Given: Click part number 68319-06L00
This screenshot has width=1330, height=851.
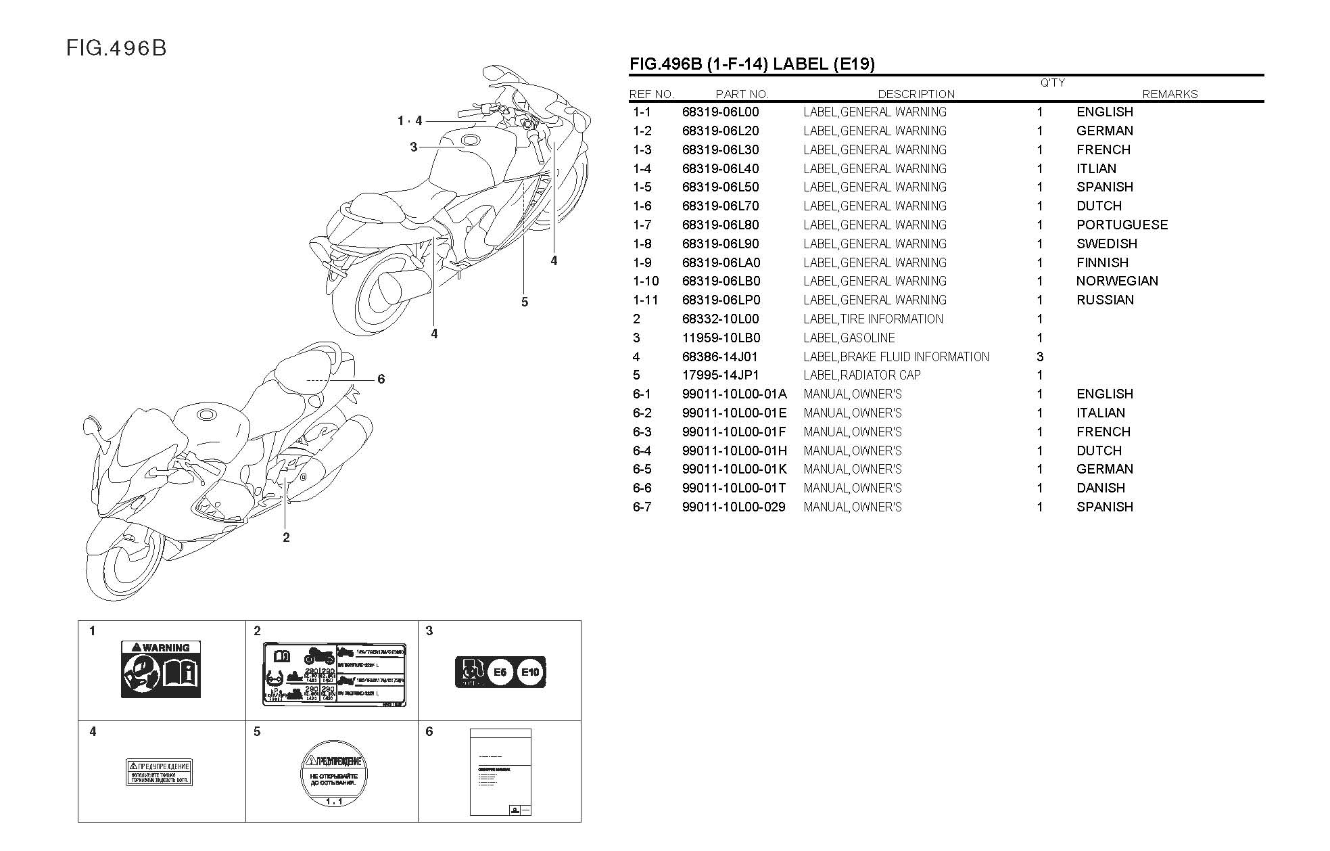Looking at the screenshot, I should tap(720, 112).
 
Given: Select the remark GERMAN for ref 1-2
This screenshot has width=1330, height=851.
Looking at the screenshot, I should tap(1104, 131).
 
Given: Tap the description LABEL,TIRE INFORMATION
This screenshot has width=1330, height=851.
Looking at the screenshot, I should tap(873, 319).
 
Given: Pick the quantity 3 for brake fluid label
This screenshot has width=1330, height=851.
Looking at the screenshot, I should tap(1040, 356).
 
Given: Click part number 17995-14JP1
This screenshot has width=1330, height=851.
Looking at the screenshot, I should tap(720, 375).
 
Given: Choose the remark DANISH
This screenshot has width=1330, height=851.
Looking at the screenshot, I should tap(1101, 488).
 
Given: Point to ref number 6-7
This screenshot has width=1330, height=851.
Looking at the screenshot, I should tap(642, 507).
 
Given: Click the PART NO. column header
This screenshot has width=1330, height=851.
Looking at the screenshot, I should tap(742, 95).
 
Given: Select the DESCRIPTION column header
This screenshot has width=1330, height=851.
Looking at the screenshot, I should tap(916, 95).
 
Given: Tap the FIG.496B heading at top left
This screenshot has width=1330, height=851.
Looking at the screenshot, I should tap(116, 49).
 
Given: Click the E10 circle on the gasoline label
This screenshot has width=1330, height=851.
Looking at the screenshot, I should tap(530, 672).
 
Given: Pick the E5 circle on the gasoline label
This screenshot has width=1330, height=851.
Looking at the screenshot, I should tap(500, 672).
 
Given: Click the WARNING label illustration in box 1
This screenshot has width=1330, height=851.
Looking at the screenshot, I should tap(161, 669).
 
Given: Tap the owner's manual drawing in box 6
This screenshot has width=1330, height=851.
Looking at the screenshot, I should tap(500, 772).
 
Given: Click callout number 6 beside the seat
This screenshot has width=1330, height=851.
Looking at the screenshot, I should tap(381, 379).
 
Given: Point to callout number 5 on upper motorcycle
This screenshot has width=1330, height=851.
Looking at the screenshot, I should tap(525, 302).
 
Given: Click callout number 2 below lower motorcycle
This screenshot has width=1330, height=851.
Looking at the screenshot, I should tap(286, 538).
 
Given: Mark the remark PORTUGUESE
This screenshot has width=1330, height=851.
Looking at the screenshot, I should tap(1122, 225).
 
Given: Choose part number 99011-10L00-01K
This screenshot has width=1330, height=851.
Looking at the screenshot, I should tap(734, 469).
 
